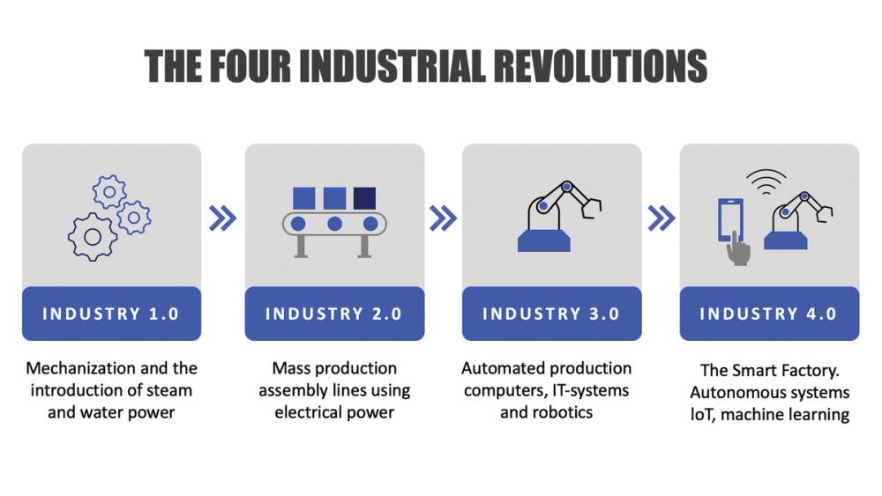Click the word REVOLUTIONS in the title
(600, 66)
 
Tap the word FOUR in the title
(250, 66)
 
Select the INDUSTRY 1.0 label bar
(111, 314)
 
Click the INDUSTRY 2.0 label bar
(334, 314)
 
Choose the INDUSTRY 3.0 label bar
(551, 314)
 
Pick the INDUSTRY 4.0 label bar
(768, 314)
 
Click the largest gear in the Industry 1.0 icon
(93, 236)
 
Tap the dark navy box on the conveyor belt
(364, 198)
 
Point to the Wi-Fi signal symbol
(766, 181)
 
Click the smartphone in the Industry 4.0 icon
(730, 219)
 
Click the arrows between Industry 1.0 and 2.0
(222, 218)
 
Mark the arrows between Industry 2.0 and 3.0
(443, 218)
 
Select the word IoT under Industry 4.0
(702, 414)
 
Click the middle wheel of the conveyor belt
(334, 224)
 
